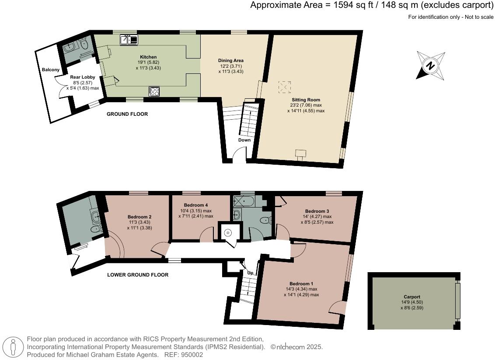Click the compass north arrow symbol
coord(431,66)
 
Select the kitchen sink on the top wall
coord(129,40)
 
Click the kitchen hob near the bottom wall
coord(155,91)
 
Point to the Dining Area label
coord(230,60)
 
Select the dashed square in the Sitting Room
coord(284,87)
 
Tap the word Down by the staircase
coord(244,140)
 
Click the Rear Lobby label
coord(83,77)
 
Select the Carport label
coord(412,296)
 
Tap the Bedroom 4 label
coord(196,205)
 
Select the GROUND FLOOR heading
coord(127,114)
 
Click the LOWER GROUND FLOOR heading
coord(138,275)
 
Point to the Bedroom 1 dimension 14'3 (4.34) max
coord(301,289)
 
